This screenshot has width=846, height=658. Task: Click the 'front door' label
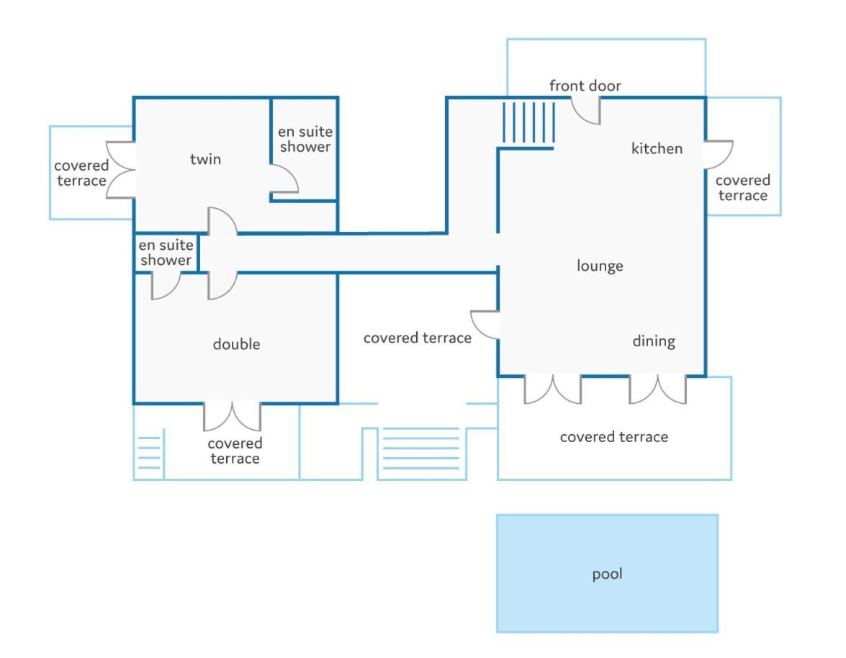pyautogui.click(x=585, y=85)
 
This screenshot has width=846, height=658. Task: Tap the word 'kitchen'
pyautogui.click(x=657, y=148)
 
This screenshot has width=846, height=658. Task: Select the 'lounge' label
pyautogui.click(x=600, y=266)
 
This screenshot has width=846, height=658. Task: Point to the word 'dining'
pyautogui.click(x=653, y=341)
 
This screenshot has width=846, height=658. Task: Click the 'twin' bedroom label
pyautogui.click(x=205, y=159)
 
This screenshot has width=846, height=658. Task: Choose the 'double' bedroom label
pyautogui.click(x=236, y=344)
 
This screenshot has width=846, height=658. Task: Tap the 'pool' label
pyautogui.click(x=607, y=574)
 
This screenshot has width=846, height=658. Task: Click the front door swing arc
pyautogui.click(x=580, y=117)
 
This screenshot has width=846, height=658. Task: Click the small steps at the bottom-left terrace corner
pyautogui.click(x=149, y=453)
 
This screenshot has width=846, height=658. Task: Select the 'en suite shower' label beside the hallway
pyautogui.click(x=166, y=253)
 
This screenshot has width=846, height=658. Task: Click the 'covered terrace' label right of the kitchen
pyautogui.click(x=742, y=188)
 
